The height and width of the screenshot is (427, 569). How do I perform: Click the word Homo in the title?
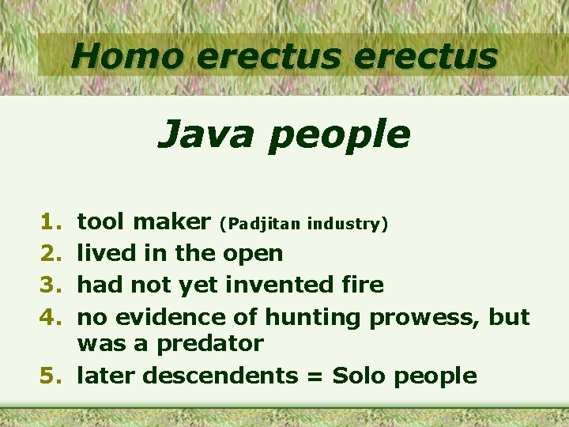coord(126,56)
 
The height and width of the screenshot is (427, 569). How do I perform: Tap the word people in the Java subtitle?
coord(338,136)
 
